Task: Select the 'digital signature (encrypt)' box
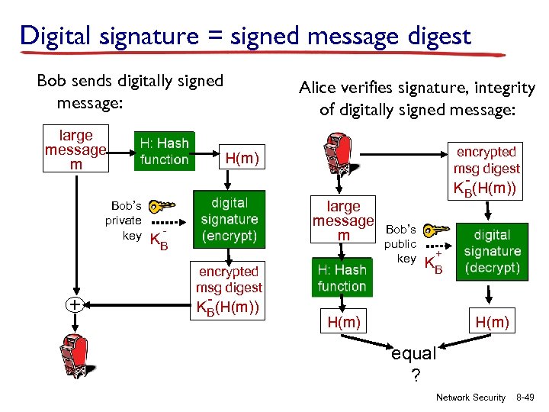[230, 219]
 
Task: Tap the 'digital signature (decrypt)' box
[492, 251]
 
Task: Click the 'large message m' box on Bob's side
[75, 150]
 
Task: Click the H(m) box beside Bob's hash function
[242, 159]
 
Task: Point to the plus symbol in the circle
[75, 304]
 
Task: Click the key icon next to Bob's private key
[161, 207]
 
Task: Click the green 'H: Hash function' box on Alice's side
[342, 278]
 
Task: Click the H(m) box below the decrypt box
[492, 322]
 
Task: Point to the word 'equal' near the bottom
[413, 354]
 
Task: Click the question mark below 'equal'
[415, 375]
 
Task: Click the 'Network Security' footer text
[470, 398]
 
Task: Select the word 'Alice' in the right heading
[317, 89]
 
